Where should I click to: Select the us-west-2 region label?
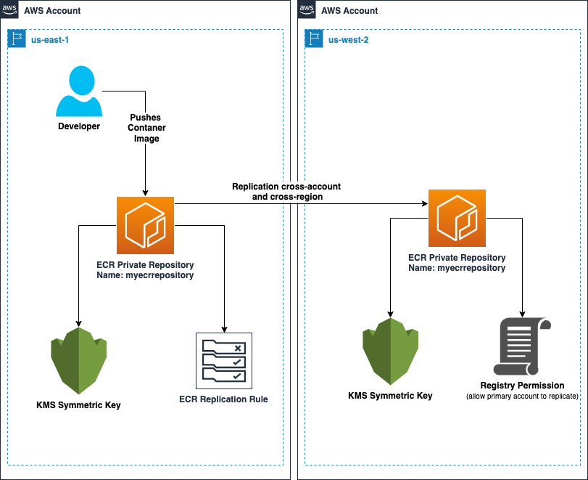(x=348, y=39)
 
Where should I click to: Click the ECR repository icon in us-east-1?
(x=145, y=224)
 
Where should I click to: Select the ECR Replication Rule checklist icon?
(x=224, y=361)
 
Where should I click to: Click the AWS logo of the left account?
(x=9, y=9)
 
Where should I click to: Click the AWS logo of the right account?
(x=307, y=9)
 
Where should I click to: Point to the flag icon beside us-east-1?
(x=16, y=38)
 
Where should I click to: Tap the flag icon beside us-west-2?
(x=313, y=38)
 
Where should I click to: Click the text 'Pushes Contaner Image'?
(x=146, y=128)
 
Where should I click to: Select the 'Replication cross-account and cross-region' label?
(x=286, y=192)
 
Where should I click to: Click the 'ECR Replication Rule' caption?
(x=224, y=399)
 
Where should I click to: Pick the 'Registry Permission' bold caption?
(x=522, y=385)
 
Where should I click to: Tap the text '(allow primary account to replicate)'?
(x=522, y=396)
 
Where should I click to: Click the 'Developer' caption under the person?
(x=79, y=126)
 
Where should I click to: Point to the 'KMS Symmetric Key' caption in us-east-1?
(x=78, y=404)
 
